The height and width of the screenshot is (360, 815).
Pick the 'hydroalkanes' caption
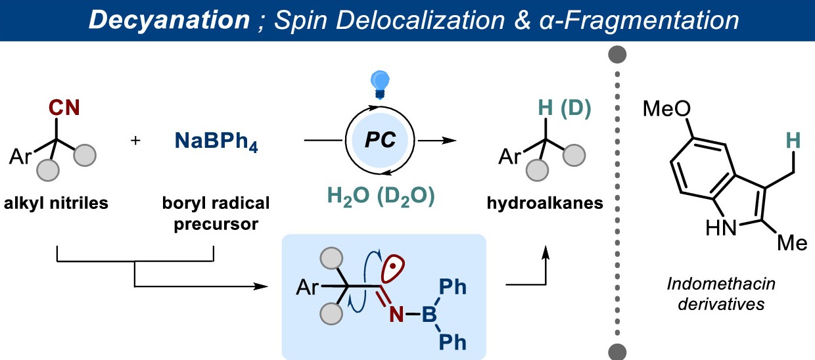click(x=545, y=204)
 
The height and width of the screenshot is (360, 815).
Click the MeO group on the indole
click(x=666, y=107)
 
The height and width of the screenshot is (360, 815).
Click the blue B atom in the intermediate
click(x=429, y=316)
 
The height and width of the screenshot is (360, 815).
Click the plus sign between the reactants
click(x=135, y=141)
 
